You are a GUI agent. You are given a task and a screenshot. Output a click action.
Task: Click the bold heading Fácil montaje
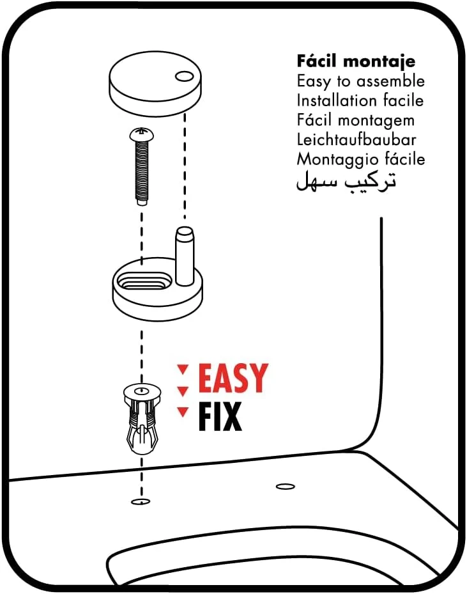pyautogui.click(x=356, y=61)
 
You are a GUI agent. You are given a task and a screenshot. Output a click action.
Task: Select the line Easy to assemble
pyautogui.click(x=361, y=81)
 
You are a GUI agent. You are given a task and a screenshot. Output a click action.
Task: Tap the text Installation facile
pyautogui.click(x=360, y=100)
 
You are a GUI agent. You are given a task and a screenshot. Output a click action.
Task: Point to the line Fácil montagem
pyautogui.click(x=356, y=120)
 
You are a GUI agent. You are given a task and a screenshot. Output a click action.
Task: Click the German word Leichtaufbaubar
pyautogui.click(x=356, y=139)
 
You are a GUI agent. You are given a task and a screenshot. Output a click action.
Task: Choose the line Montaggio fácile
pyautogui.click(x=361, y=159)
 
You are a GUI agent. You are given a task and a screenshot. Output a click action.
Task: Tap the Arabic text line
pyautogui.click(x=346, y=181)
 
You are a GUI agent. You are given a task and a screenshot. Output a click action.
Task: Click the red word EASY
pyautogui.click(x=233, y=378)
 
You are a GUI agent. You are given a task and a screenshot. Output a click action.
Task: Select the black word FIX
pyautogui.click(x=220, y=416)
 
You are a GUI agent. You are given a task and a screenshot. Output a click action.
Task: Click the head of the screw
pyautogui.click(x=142, y=134)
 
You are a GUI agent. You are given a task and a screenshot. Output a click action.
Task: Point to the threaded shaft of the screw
pyautogui.click(x=142, y=173)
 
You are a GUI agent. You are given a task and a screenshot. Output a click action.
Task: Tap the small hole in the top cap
pyautogui.click(x=184, y=77)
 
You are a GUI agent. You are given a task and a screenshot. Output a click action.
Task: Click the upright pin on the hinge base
pyautogui.click(x=185, y=256)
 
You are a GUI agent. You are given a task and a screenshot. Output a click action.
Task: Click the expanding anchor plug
pyautogui.click(x=142, y=419)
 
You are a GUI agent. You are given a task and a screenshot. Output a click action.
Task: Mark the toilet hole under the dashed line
pyautogui.click(x=141, y=502)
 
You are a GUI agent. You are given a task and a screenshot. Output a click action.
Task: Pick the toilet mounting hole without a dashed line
pyautogui.click(x=286, y=487)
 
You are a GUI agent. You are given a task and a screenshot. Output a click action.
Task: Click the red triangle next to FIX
pyautogui.click(x=183, y=412)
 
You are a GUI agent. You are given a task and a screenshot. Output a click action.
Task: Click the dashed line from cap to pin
pyautogui.click(x=185, y=166)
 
